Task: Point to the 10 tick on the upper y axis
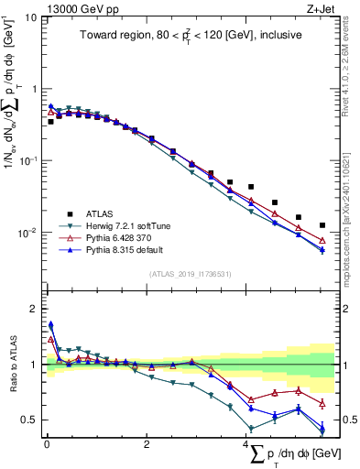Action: point(29,17)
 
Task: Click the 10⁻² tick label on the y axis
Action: point(27,233)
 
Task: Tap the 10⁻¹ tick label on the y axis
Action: point(27,161)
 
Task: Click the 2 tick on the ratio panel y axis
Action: point(33,309)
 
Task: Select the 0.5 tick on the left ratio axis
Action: point(29,420)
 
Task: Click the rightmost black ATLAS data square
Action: point(322,224)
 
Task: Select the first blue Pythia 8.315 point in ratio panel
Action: point(51,324)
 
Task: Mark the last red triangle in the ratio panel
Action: point(322,403)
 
